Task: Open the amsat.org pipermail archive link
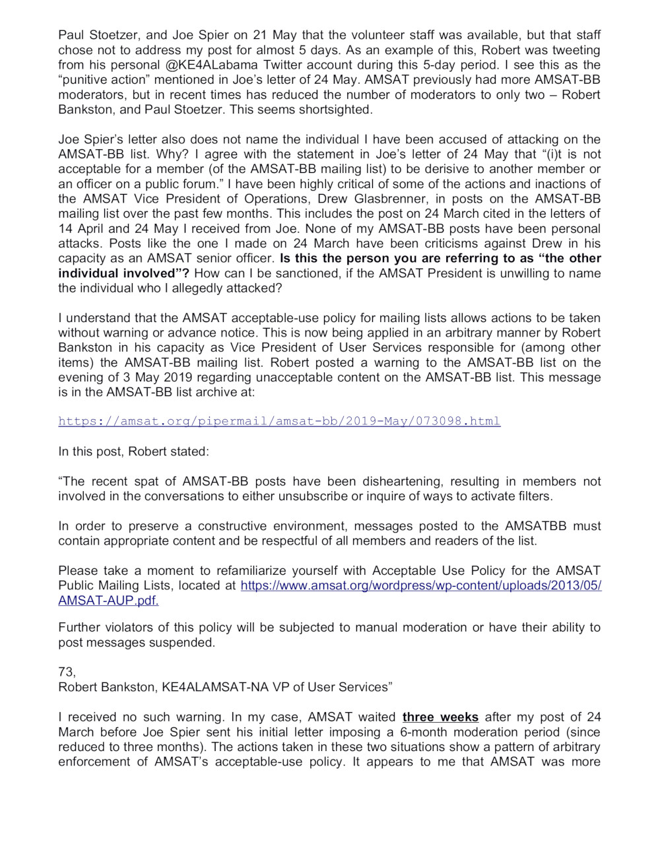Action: [x=279, y=421]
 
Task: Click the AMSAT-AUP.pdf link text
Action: [x=108, y=601]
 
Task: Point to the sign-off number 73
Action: [x=67, y=672]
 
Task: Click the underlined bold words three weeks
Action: [x=440, y=717]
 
